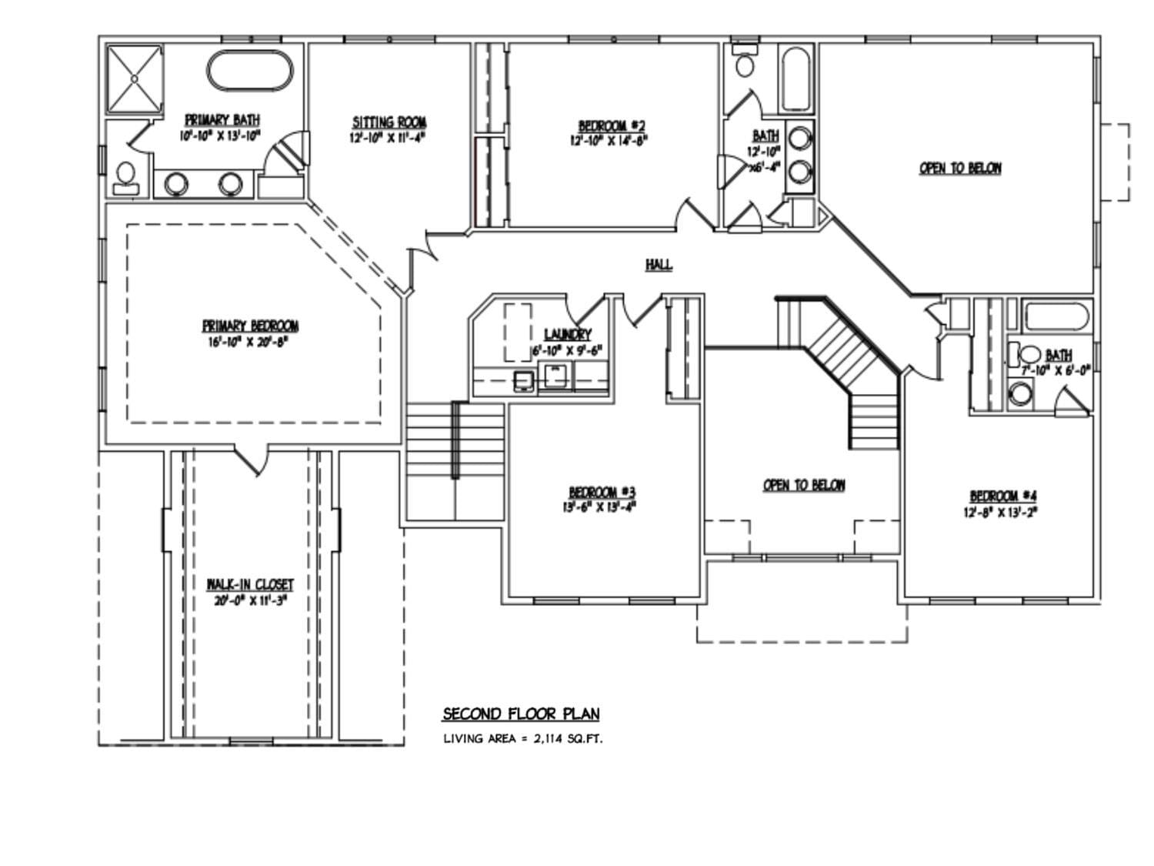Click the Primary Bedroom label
tap(250, 326)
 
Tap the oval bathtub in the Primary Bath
tap(250, 72)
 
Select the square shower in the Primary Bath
tap(135, 78)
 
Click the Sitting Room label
tap(389, 122)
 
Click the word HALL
tap(659, 265)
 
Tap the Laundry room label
tap(567, 334)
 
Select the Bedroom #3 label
tap(602, 492)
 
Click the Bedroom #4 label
tap(1003, 497)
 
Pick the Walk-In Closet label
tap(250, 585)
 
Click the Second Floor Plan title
tap(521, 714)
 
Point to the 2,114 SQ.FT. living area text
tap(568, 739)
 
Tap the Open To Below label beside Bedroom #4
tap(804, 485)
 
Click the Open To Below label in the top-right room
tap(960, 168)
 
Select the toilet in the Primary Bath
tap(125, 177)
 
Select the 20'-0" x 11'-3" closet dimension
tap(250, 600)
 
